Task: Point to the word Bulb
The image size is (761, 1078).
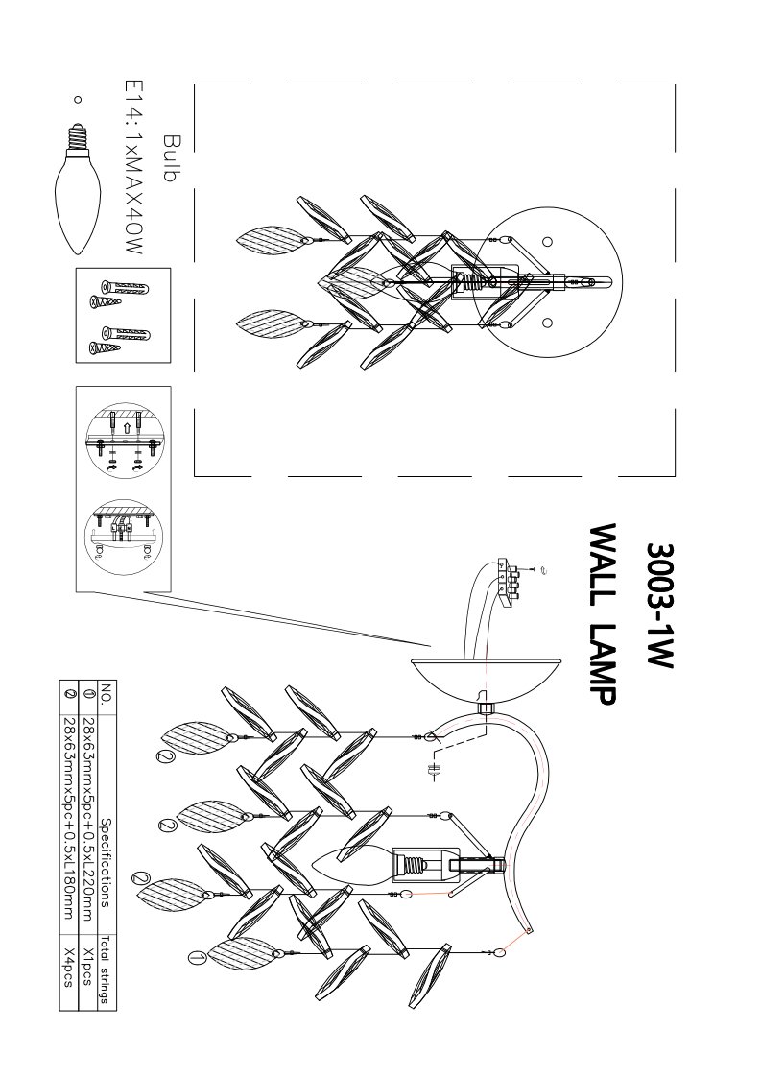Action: pos(169,158)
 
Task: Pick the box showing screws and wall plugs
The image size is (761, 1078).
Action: pos(123,315)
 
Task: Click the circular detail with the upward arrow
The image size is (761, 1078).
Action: pos(124,441)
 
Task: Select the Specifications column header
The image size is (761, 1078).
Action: pos(106,862)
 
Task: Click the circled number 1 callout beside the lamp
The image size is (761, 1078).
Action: pos(196,956)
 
